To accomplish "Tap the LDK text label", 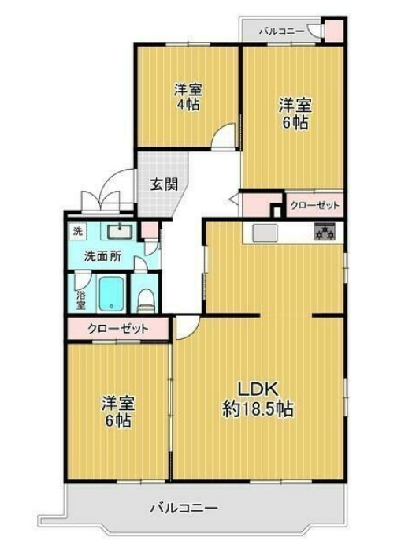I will pyautogui.click(x=256, y=389).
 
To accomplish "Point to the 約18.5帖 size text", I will pyautogui.click(x=258, y=409).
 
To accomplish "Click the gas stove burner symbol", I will pyautogui.click(x=325, y=232).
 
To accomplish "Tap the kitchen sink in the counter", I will pyautogui.click(x=264, y=232).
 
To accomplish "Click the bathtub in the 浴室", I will pyautogui.click(x=110, y=293).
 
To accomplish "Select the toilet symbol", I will pyautogui.click(x=144, y=299).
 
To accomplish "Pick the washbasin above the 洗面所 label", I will pyautogui.click(x=118, y=232).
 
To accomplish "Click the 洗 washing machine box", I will pyautogui.click(x=77, y=231).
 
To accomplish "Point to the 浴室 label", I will pyautogui.click(x=80, y=297).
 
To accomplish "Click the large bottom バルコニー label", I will pyautogui.click(x=184, y=508).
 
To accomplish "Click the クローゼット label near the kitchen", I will pyautogui.click(x=315, y=206).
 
